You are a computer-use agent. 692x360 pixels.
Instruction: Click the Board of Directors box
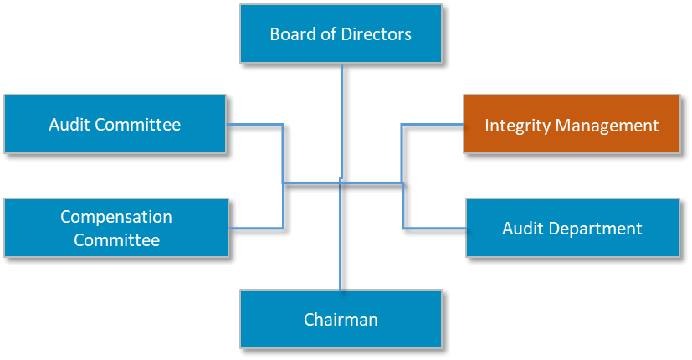pyautogui.click(x=341, y=34)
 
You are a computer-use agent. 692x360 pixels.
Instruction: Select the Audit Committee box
pyautogui.click(x=115, y=124)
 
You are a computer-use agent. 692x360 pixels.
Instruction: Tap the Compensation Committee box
pyautogui.click(x=116, y=228)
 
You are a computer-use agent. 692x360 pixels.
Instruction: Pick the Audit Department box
pyautogui.click(x=572, y=228)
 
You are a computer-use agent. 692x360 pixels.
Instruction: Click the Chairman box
pyautogui.click(x=341, y=319)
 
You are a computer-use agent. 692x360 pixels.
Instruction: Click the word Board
pyautogui.click(x=290, y=34)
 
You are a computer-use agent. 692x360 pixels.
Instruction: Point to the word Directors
pyautogui.click(x=376, y=34)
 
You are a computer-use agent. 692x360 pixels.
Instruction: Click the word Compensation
pyautogui.click(x=116, y=217)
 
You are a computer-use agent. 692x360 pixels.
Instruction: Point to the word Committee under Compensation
pyautogui.click(x=116, y=240)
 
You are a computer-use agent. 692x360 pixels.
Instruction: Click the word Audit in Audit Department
pyautogui.click(x=521, y=229)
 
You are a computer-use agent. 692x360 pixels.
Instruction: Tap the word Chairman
pyautogui.click(x=341, y=320)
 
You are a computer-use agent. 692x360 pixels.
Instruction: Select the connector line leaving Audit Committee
pyautogui.click(x=255, y=126)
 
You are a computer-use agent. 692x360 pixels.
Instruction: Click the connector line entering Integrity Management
pyautogui.click(x=432, y=125)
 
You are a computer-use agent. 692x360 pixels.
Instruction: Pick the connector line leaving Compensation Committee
pyautogui.click(x=256, y=228)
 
